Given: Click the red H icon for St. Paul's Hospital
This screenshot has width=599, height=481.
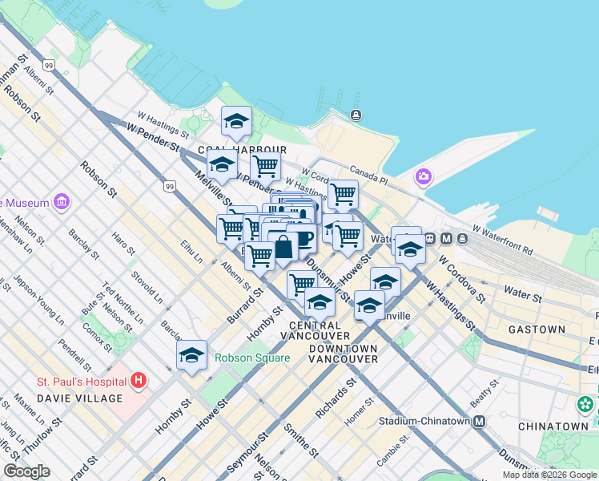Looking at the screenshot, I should click(139, 379).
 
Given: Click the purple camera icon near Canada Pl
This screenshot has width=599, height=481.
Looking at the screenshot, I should click(423, 176).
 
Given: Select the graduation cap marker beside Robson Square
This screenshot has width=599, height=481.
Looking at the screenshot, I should click(192, 355).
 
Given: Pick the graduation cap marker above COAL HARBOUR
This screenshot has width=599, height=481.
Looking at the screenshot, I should click(236, 121).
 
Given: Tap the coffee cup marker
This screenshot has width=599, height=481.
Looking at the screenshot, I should click(302, 237).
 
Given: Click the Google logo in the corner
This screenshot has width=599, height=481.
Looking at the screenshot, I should click(26, 471).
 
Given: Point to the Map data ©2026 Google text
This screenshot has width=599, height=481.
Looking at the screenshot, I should click(549, 475).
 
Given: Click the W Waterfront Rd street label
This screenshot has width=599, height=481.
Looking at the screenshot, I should click(502, 239).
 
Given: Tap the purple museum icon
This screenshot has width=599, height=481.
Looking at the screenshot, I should click(62, 200).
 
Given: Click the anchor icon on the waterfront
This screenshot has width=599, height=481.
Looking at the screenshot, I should click(356, 115).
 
